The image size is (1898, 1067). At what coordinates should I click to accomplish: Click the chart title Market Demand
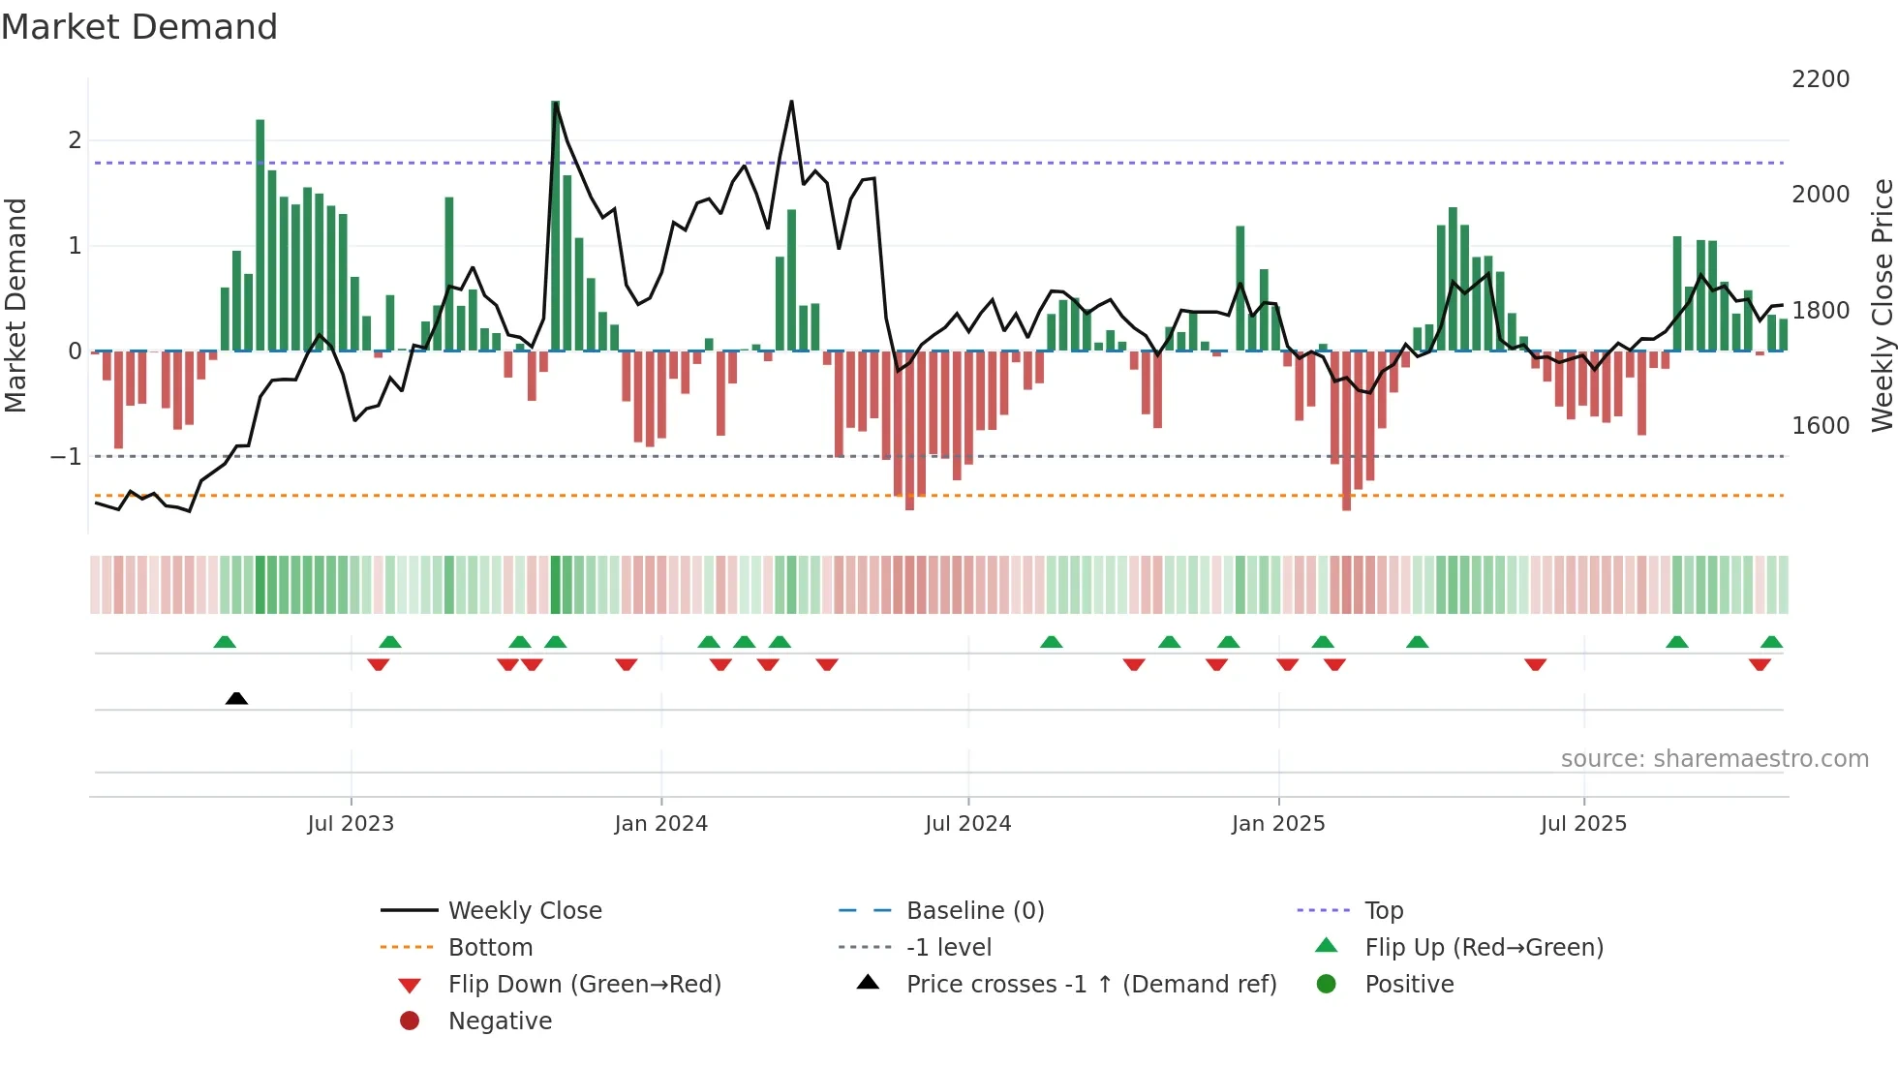139,26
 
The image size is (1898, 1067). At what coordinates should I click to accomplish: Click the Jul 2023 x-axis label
351,824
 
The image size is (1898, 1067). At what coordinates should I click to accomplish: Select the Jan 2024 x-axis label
660,824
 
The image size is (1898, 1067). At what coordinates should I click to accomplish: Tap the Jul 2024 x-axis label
967,824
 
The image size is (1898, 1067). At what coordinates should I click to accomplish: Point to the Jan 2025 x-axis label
1278,824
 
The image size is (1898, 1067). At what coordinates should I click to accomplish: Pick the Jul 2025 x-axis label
1583,824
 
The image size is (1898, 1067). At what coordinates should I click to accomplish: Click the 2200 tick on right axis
1821,79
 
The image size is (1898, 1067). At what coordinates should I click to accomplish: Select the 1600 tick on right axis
1821,426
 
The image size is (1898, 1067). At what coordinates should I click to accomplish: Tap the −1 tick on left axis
66,456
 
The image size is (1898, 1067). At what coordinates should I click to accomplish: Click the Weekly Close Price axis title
1882,305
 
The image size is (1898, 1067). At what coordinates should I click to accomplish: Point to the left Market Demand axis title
15,305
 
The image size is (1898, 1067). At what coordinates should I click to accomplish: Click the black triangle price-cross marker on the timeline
236,698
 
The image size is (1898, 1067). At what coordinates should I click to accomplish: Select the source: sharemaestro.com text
1714,759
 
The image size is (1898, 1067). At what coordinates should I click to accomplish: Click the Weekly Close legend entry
524,911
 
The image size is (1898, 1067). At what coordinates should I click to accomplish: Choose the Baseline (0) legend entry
974,911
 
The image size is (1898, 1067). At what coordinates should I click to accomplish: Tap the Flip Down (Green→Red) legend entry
584,985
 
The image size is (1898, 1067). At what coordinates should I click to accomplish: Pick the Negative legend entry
500,1021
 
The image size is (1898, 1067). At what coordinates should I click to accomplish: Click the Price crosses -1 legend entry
1090,985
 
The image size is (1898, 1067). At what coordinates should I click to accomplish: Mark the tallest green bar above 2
555,226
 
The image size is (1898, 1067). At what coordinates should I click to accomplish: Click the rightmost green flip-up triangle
1771,642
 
